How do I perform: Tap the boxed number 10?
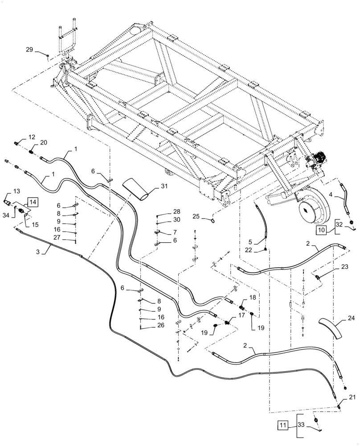[x=322, y=230]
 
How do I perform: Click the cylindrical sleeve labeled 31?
[x=137, y=189]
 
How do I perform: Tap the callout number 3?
[x=38, y=252]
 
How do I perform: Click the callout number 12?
[x=32, y=136]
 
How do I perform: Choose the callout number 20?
[x=43, y=142]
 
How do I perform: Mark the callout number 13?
[x=16, y=191]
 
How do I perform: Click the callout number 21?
[x=352, y=397]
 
